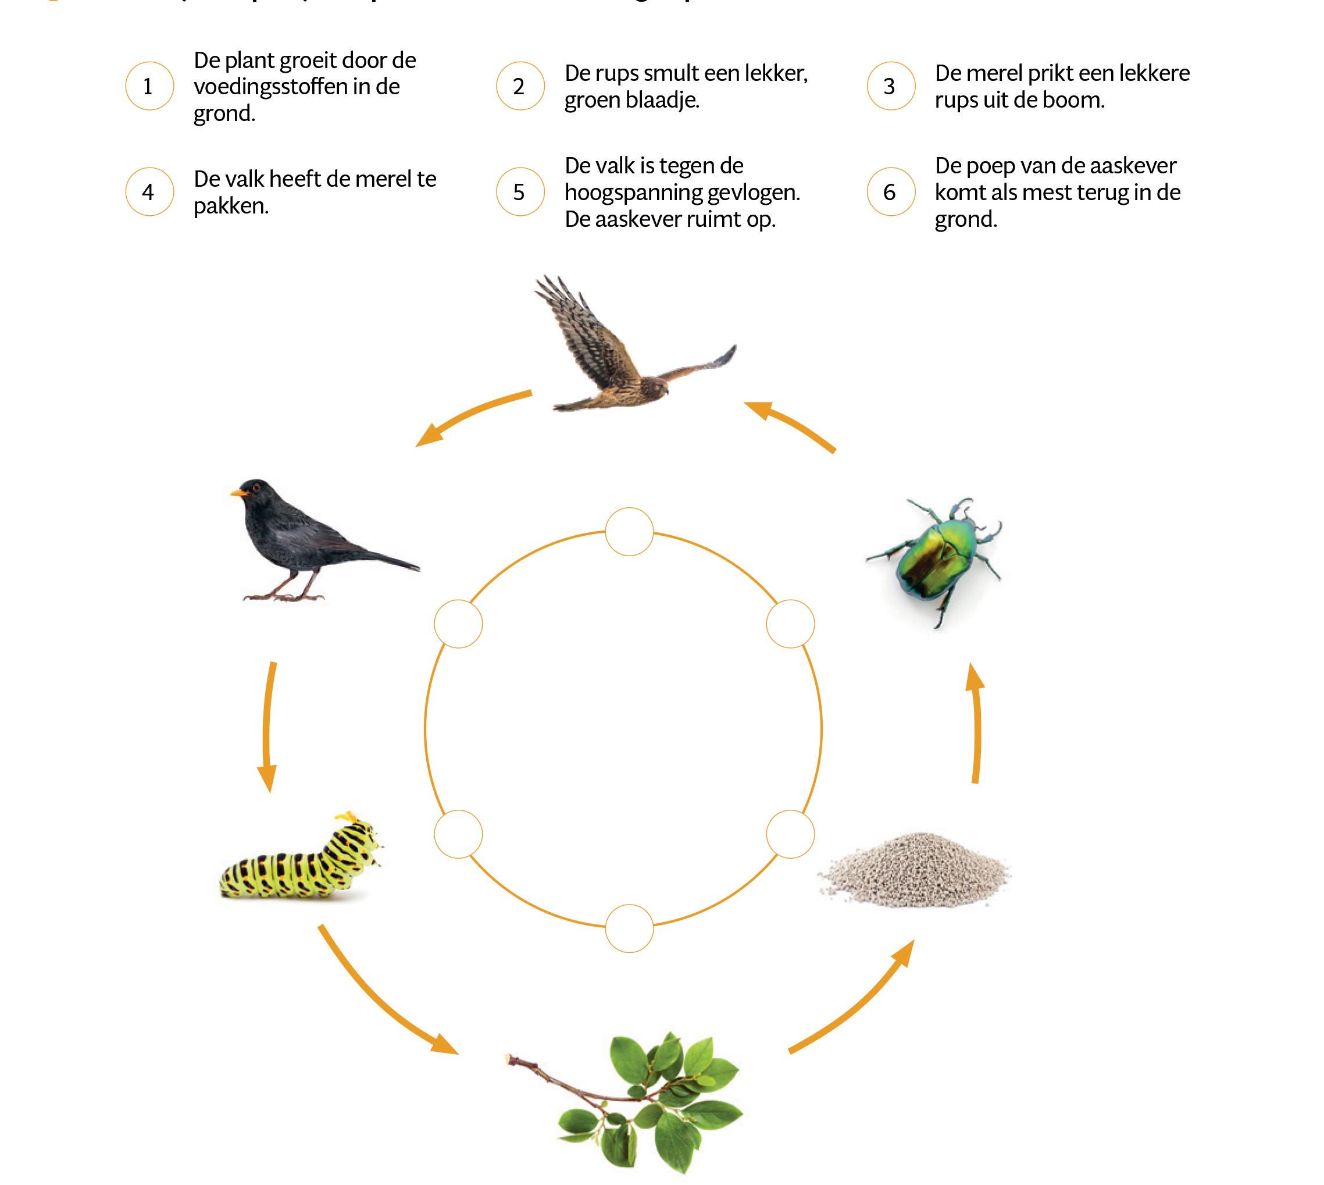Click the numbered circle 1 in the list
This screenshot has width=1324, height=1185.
[x=149, y=86]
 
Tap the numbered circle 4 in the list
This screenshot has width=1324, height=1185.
[x=149, y=192]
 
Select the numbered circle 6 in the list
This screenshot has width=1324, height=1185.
[x=890, y=192]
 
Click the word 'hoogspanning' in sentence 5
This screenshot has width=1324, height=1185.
[x=644, y=193]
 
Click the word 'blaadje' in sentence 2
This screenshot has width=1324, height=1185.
[x=658, y=100]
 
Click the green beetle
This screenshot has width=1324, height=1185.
[x=933, y=557]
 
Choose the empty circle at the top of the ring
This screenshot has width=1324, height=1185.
[x=629, y=532]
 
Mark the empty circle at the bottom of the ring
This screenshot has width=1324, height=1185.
[x=629, y=928]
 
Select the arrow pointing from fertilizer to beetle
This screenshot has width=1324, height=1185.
[x=975, y=723]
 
